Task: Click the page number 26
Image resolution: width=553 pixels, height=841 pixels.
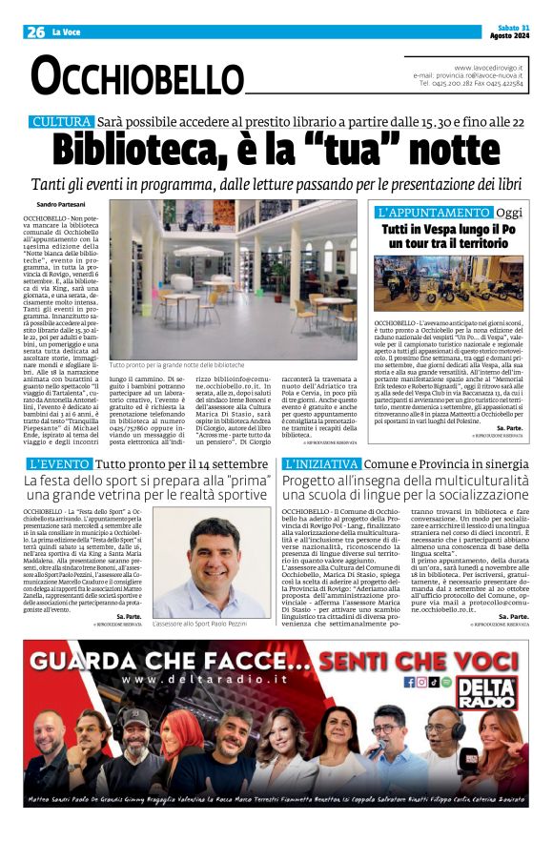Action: click(x=35, y=32)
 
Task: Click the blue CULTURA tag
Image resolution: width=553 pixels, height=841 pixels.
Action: click(x=61, y=122)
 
